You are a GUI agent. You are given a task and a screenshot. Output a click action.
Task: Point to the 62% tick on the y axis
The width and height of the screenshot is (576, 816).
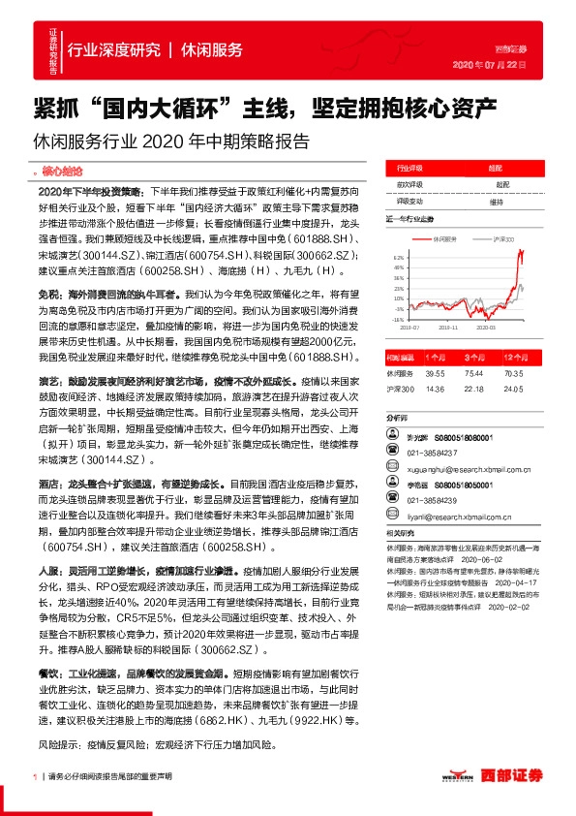(x=399, y=257)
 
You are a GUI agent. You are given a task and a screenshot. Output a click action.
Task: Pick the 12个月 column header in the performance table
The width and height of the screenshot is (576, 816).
(x=513, y=357)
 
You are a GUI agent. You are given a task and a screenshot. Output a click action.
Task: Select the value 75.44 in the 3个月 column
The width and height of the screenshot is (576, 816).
(x=474, y=372)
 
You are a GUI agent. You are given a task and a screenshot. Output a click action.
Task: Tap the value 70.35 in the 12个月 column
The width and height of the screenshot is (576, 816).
(x=513, y=372)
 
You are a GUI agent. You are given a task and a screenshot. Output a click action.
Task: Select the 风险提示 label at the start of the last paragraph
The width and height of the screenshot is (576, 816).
(x=56, y=747)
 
